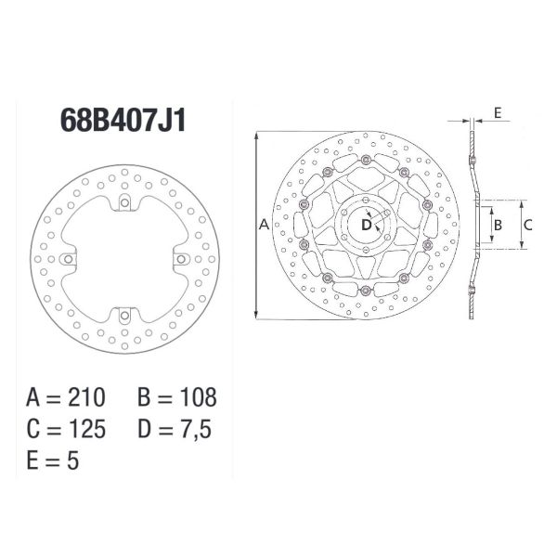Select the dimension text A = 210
[x=66, y=398]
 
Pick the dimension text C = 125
[x=66, y=429]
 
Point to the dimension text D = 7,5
[x=177, y=429]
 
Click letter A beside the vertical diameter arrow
[x=263, y=225]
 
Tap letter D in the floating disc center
[x=366, y=225]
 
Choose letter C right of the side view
[x=527, y=225]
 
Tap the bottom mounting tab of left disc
[x=123, y=316]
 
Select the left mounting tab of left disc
[x=66, y=259]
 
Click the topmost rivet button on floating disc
[x=366, y=162]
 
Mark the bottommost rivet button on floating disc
[x=366, y=290]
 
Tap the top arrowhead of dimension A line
[x=255, y=136]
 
